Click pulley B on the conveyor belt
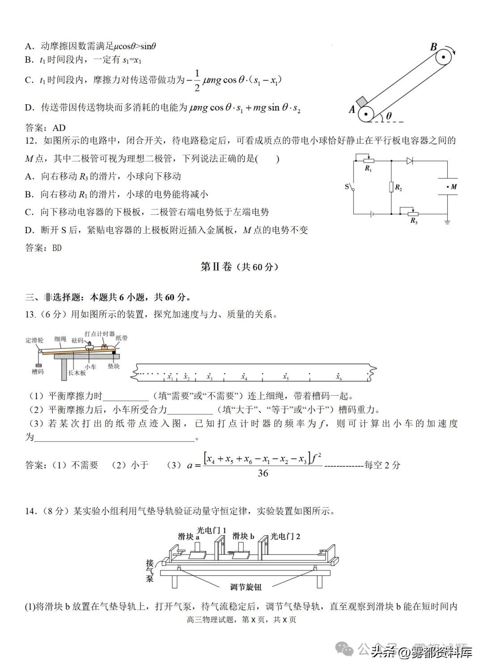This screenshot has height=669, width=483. click(x=444, y=58)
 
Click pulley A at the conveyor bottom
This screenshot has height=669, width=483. click(x=366, y=114)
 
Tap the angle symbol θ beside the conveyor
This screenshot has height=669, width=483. click(x=389, y=116)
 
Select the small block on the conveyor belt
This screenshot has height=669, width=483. click(x=361, y=101)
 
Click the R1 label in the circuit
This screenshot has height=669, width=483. click(x=369, y=169)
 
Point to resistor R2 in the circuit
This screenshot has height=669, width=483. click(x=391, y=187)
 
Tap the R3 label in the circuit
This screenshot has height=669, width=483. click(x=414, y=221)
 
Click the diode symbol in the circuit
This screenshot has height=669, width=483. click(x=410, y=160)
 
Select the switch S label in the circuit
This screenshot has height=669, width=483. click(x=347, y=186)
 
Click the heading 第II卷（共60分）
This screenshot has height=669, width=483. click(x=240, y=267)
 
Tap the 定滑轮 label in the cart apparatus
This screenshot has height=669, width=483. click(x=34, y=341)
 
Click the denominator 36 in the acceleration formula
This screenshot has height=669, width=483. click(x=263, y=473)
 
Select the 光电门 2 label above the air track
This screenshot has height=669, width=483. click(x=285, y=536)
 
